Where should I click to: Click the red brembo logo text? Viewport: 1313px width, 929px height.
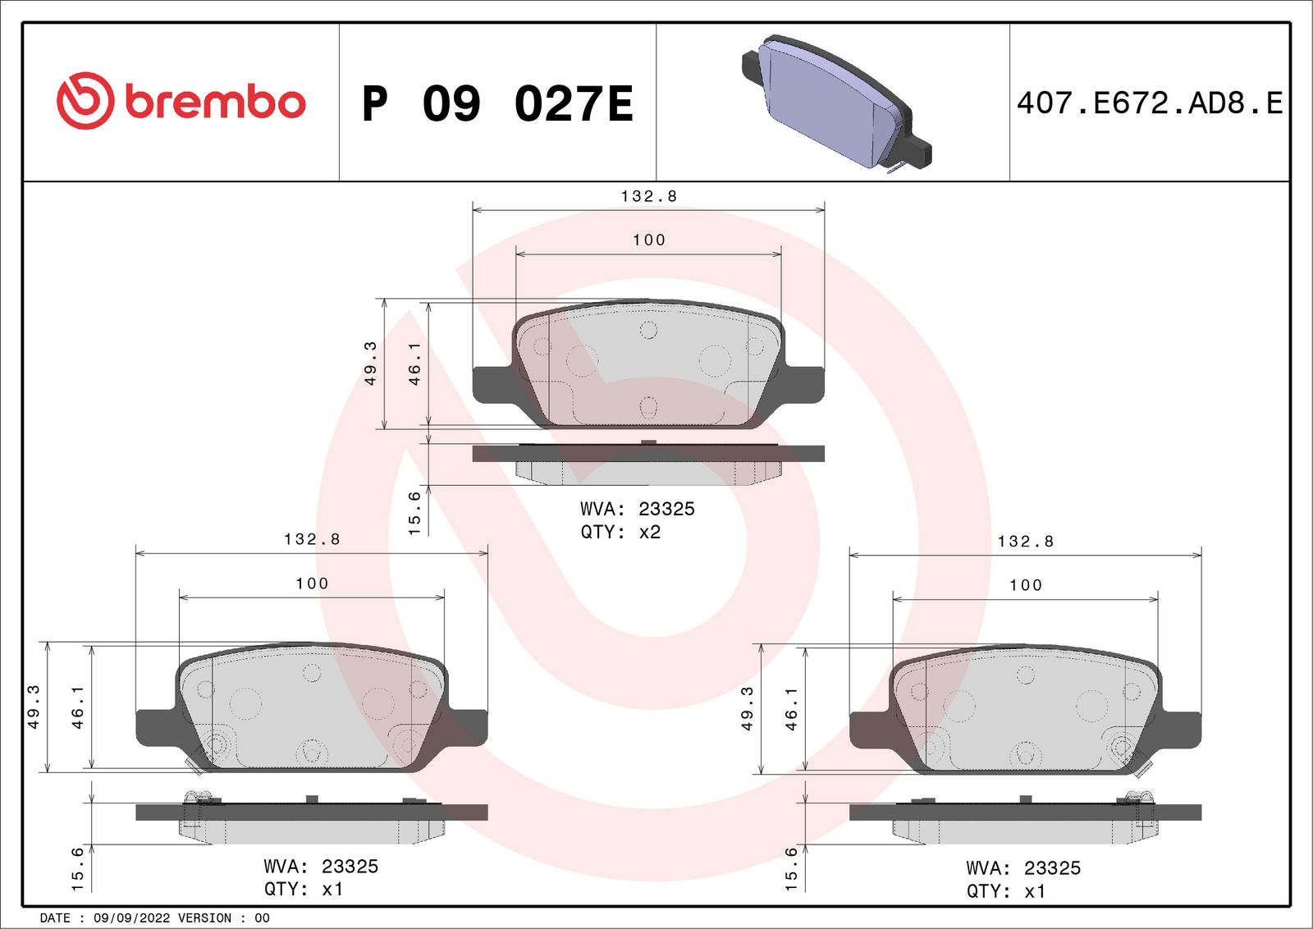215,102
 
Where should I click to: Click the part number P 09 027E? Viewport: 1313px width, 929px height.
497,104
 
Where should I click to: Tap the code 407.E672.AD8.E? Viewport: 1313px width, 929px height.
1149,103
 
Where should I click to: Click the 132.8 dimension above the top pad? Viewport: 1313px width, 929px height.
648,196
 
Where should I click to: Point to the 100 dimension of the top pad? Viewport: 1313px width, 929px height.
648,240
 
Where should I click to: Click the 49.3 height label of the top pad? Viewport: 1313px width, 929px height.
371,363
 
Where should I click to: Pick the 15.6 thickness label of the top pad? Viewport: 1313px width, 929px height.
414,513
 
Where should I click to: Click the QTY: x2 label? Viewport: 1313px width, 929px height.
620,532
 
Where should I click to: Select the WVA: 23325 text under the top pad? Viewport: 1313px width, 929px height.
637,509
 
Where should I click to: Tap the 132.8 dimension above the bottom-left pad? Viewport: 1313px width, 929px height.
312,539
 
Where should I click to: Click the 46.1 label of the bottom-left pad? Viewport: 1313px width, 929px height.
78,707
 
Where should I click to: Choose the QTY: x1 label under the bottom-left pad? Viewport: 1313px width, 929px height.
304,889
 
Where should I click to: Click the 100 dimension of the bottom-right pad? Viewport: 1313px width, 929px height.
1025,585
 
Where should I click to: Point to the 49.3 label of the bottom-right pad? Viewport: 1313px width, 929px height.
748,708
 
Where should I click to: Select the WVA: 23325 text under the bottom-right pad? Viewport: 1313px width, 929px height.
1023,867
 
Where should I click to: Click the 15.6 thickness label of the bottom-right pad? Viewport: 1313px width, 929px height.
791,868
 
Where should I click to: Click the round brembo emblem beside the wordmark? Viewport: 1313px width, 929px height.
85,101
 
